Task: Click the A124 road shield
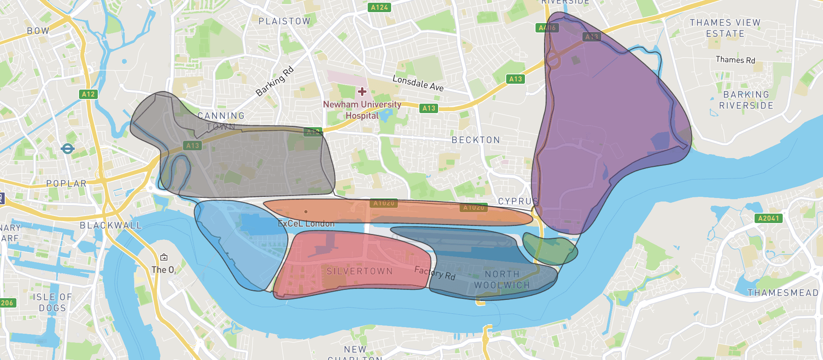tap(379, 7)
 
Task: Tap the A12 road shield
tap(88, 94)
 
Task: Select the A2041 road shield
tap(768, 218)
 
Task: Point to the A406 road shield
tap(547, 27)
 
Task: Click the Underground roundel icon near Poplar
tap(68, 149)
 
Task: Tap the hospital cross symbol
tap(362, 92)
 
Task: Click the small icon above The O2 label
tap(164, 257)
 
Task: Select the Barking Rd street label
tap(275, 81)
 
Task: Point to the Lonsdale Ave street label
tap(418, 83)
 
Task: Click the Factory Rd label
tap(435, 273)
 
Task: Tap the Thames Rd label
tap(735, 60)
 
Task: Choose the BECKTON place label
tap(476, 140)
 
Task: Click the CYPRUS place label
tap(518, 201)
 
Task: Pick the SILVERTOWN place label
tap(359, 271)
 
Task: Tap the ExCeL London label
tap(306, 223)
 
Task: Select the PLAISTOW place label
tap(284, 21)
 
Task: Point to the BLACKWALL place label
tap(111, 225)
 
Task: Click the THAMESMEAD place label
tap(783, 293)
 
